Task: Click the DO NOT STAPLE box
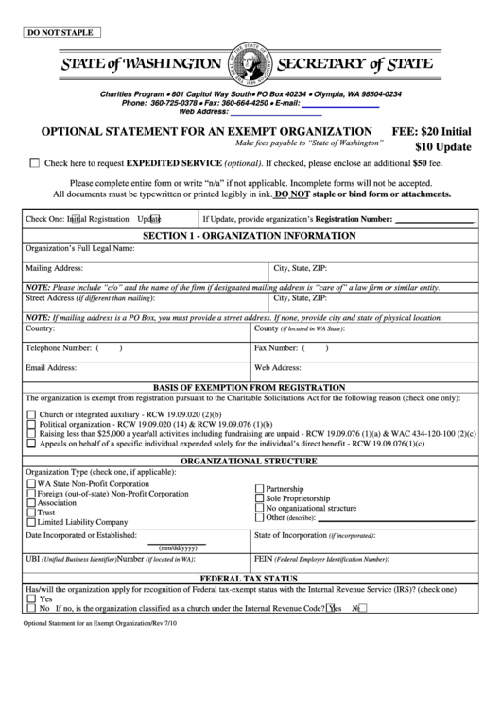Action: point(60,32)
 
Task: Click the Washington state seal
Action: point(249,63)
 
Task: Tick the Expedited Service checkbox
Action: point(35,162)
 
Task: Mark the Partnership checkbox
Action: point(259,488)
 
